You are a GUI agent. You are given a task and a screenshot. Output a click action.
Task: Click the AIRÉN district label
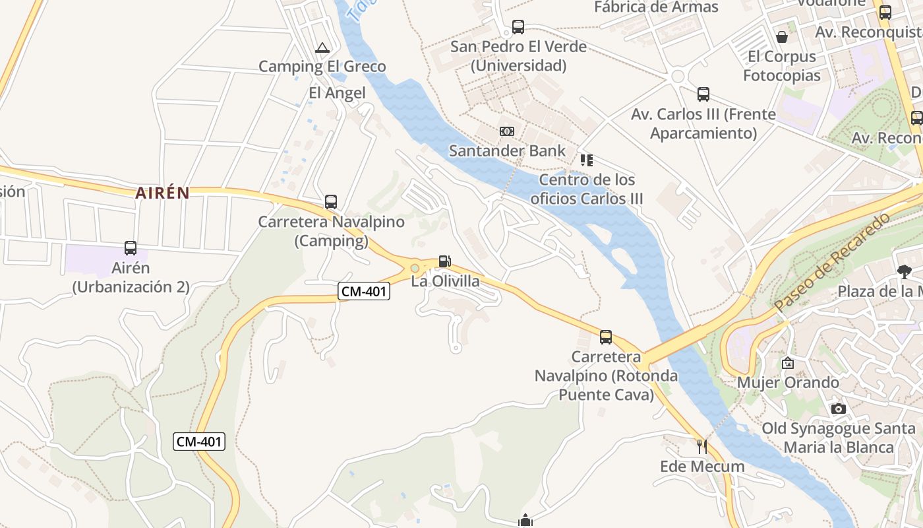click(162, 193)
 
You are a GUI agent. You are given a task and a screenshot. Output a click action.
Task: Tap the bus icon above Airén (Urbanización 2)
click(131, 248)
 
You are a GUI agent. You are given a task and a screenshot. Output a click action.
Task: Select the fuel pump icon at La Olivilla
click(445, 261)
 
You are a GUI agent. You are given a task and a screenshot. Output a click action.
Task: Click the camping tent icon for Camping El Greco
click(322, 48)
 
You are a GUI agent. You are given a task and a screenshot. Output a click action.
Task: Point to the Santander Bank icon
click(506, 131)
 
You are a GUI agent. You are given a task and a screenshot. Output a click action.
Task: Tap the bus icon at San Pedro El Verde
click(518, 27)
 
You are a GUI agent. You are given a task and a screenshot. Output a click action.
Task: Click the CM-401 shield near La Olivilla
click(364, 290)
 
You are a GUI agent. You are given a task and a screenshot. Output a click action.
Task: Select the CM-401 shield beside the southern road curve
click(199, 442)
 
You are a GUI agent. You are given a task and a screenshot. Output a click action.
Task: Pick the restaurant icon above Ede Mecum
click(701, 447)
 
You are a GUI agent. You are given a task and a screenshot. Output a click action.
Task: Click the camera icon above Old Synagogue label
click(838, 409)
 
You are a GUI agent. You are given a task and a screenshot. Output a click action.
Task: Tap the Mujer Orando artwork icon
click(787, 363)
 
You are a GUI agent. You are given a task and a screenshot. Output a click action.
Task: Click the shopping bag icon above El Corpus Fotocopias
click(781, 37)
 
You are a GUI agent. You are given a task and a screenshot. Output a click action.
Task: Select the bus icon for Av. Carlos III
click(703, 94)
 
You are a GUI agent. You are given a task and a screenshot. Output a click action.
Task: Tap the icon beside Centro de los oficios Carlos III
click(586, 160)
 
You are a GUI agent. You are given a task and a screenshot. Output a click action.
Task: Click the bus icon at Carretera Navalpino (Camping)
click(331, 202)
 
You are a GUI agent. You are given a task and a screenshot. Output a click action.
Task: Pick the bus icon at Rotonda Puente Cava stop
click(605, 337)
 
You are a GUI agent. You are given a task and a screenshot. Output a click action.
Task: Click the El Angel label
click(337, 93)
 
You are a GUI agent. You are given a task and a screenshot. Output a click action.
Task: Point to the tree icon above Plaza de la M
click(904, 271)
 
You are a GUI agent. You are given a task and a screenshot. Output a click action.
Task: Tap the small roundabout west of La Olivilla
click(415, 268)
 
